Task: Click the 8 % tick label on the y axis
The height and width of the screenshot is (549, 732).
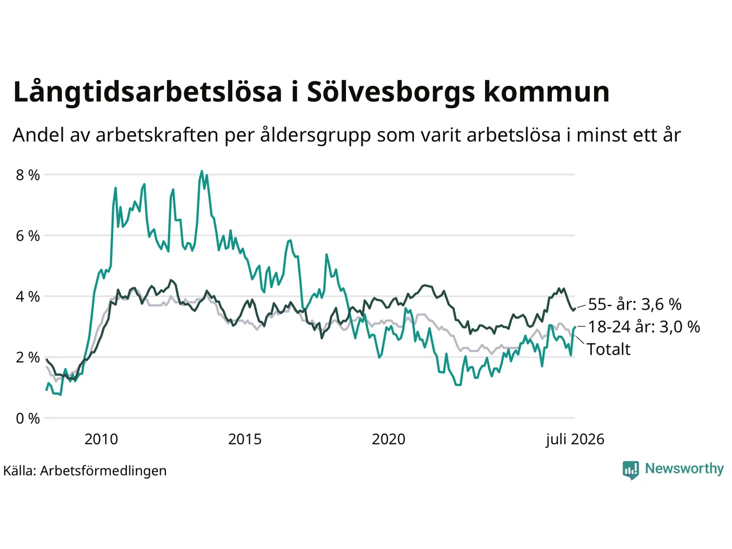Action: [x=27, y=175]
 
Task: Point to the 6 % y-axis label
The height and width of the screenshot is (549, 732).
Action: [x=27, y=236]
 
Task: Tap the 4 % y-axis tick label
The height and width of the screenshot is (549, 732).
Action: [x=27, y=297]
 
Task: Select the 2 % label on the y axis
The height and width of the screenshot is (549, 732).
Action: [x=27, y=357]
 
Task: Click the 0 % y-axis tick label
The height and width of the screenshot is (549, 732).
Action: [x=27, y=419]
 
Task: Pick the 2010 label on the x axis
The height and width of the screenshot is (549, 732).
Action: [x=101, y=439]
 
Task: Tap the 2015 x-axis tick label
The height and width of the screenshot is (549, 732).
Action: [x=245, y=439]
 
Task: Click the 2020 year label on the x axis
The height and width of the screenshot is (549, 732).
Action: [x=388, y=439]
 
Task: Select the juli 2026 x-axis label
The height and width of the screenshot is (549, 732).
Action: [x=575, y=440]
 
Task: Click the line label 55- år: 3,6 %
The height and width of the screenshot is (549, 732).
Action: [x=635, y=304]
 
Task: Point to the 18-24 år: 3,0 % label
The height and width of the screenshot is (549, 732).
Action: [x=644, y=327]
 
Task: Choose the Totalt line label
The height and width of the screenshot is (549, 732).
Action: [x=608, y=349]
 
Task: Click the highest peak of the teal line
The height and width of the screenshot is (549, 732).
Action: [x=201, y=171]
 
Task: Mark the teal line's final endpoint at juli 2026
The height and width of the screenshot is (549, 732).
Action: [x=575, y=327]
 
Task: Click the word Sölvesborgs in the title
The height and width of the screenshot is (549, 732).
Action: [x=391, y=91]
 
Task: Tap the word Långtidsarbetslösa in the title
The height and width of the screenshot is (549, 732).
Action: [x=148, y=91]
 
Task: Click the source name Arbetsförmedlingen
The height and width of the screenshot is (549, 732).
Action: [x=103, y=471]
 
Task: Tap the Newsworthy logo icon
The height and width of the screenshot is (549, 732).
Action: [x=631, y=470]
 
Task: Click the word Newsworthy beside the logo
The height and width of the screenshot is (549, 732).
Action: [x=685, y=469]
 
